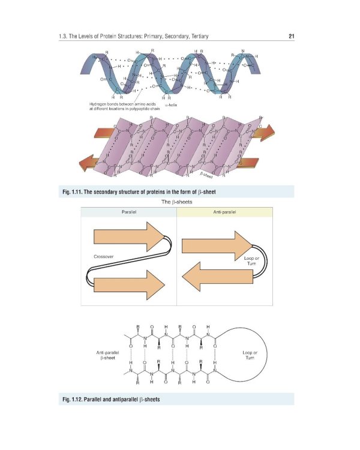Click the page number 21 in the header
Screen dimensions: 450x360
290,37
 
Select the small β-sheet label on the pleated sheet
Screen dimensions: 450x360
206,174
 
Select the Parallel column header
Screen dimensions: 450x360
129,212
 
